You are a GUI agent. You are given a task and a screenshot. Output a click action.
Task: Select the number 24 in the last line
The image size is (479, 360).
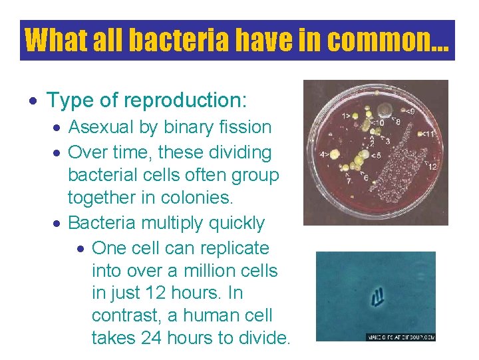point(153,338)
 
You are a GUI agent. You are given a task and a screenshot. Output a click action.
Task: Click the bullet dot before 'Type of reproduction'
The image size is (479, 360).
point(35,101)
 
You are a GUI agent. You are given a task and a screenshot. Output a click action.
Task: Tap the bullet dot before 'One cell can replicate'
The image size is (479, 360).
point(80,249)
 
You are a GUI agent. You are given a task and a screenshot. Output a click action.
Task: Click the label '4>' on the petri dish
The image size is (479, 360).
point(325,154)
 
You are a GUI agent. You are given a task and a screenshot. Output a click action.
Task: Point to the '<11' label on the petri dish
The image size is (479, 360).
point(429,134)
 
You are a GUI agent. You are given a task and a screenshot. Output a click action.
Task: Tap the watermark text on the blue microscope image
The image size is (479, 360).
point(400,337)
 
